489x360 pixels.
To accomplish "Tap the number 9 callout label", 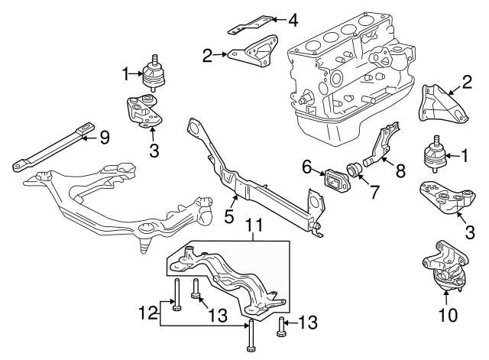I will (x=105, y=138).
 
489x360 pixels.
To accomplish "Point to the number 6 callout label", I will (x=306, y=166).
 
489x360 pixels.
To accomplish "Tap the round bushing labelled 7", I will (x=355, y=168).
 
